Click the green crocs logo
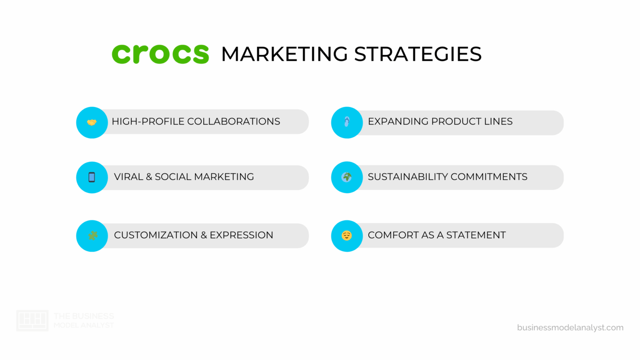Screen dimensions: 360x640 click(160, 54)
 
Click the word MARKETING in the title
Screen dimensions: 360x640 click(284, 54)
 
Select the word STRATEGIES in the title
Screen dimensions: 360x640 click(417, 54)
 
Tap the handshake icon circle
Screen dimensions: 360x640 click(92, 122)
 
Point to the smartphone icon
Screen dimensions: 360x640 click(92, 177)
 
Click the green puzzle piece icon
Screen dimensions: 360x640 click(92, 235)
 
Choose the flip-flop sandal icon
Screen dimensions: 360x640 click(347, 122)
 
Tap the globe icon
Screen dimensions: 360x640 click(347, 177)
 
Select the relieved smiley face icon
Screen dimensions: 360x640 click(347, 236)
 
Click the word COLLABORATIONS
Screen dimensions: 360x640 click(233, 122)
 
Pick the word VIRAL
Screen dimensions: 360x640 click(128, 177)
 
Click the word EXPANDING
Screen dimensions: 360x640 click(398, 122)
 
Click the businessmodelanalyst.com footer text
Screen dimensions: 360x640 click(570, 327)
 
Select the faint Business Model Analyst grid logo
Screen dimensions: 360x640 click(32, 320)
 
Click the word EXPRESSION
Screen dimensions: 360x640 click(241, 235)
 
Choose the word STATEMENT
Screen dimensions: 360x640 click(476, 235)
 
